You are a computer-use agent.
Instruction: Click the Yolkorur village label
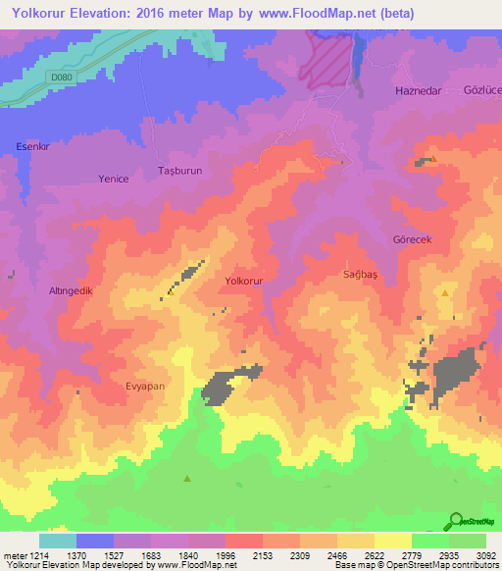(244, 281)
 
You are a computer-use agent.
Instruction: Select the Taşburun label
(179, 170)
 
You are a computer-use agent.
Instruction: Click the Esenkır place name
(32, 146)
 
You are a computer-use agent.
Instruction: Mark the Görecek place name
(412, 239)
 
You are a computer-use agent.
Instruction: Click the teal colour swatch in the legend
(57, 541)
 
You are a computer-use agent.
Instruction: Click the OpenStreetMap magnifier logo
(454, 521)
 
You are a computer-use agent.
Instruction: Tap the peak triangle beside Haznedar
(432, 157)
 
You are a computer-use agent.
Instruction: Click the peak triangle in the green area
(186, 479)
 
